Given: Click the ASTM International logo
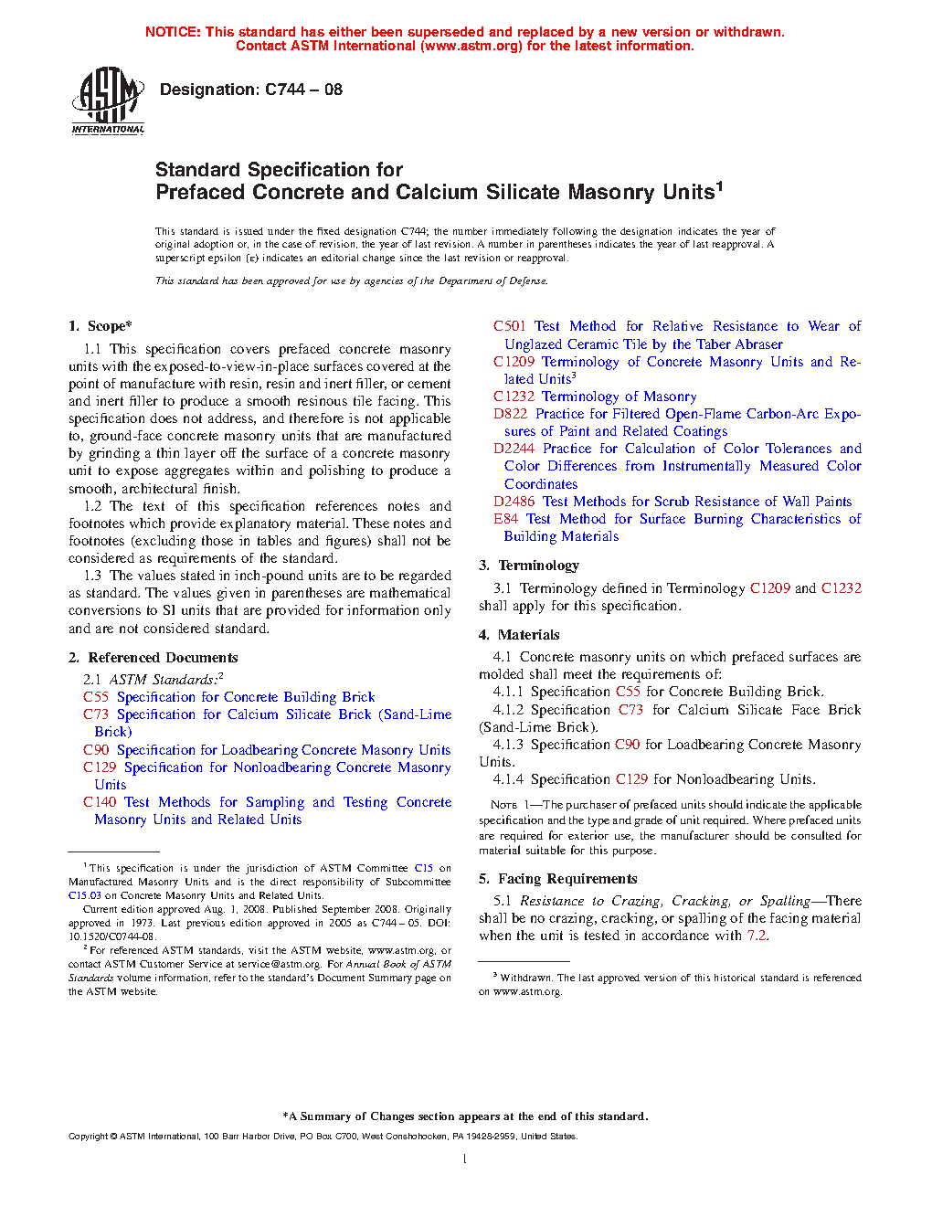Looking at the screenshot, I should [x=108, y=100].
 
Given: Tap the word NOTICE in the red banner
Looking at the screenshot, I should [x=173, y=32].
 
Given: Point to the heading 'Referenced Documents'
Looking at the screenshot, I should [x=163, y=658].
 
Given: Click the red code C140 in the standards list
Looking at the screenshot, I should [x=100, y=802].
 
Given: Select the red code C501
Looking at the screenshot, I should [x=509, y=326].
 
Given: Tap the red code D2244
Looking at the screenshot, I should [x=514, y=449].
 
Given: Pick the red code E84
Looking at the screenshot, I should [x=505, y=519].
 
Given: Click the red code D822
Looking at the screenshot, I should [x=510, y=414].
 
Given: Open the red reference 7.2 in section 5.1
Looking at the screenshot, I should [x=757, y=936].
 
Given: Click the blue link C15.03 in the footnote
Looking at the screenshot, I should [x=84, y=895].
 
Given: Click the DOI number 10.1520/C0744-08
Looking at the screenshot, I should [x=112, y=936].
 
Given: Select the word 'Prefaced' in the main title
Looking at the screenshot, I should [x=200, y=193].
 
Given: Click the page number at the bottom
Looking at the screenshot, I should [x=465, y=1159].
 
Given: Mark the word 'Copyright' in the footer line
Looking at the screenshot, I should [x=88, y=1137].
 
